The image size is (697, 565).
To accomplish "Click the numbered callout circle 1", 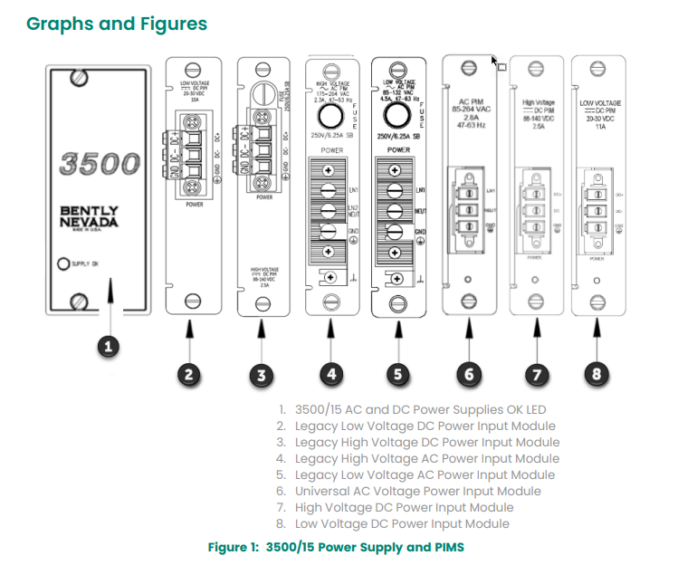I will [x=109, y=346].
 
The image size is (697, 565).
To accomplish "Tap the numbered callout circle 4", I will [x=332, y=372].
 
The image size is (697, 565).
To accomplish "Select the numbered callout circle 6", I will [x=469, y=372].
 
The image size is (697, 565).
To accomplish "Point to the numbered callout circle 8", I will [x=597, y=372].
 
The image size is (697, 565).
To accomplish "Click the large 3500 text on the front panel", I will [x=100, y=164].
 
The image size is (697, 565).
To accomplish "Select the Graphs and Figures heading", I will [x=117, y=24].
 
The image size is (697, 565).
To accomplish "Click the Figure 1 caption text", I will [x=336, y=547].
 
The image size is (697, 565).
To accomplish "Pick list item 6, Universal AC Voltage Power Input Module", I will [x=417, y=491].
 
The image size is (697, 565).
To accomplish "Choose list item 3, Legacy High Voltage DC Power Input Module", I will [x=426, y=442].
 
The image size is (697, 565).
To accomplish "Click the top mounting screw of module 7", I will [x=535, y=68].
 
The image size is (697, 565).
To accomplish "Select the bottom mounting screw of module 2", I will [x=192, y=302].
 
